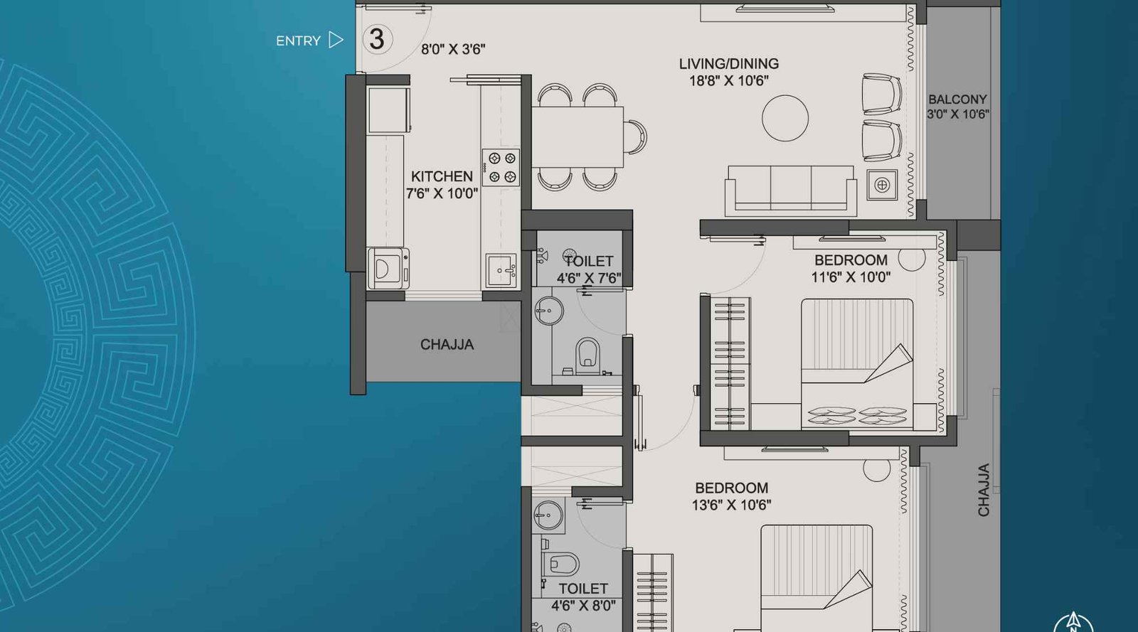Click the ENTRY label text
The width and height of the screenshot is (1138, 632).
click(x=298, y=41)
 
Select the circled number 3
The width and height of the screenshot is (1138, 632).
click(x=377, y=39)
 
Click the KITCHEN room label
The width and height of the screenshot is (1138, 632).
click(x=442, y=176)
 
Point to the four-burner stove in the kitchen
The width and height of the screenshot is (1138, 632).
click(x=501, y=168)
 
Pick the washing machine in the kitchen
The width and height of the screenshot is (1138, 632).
click(x=388, y=268)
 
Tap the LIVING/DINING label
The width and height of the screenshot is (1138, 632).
click(x=728, y=64)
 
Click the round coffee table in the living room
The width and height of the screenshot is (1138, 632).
click(x=785, y=118)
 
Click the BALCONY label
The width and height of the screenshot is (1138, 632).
click(x=957, y=100)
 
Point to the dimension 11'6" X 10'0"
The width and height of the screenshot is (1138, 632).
click(x=851, y=277)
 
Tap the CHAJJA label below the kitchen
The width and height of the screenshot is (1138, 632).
click(x=447, y=345)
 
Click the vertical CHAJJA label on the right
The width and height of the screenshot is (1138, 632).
click(x=984, y=490)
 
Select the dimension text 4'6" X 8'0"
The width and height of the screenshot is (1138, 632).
click(x=583, y=606)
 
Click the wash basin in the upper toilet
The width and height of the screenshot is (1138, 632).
click(x=548, y=311)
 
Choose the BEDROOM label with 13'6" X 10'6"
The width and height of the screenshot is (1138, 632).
click(x=731, y=488)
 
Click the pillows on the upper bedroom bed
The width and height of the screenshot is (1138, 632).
click(x=856, y=415)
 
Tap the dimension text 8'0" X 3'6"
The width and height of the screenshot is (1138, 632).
click(x=453, y=50)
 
